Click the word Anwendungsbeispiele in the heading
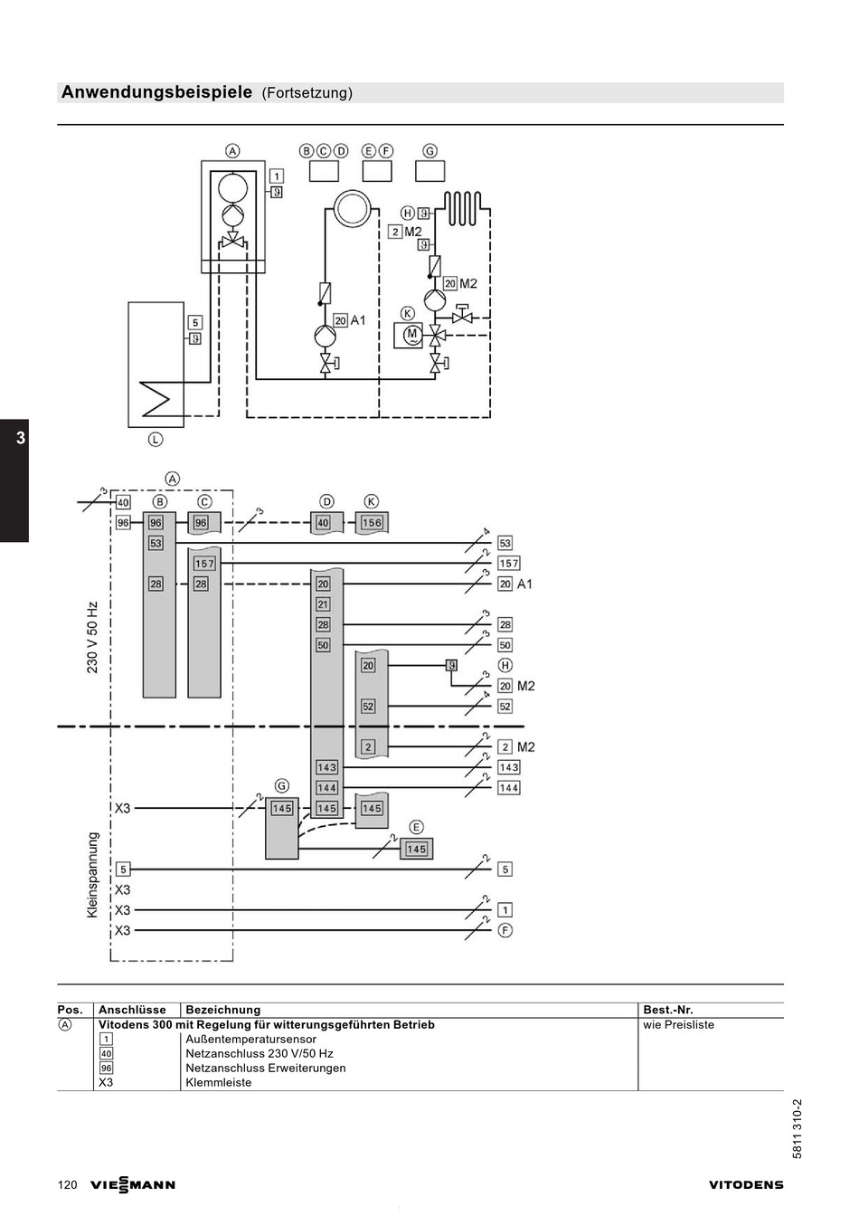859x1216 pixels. [x=156, y=92]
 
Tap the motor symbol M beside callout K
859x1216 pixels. [x=411, y=335]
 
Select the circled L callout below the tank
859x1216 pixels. [x=156, y=439]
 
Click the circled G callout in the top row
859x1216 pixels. [x=429, y=150]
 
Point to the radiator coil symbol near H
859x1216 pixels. [x=462, y=208]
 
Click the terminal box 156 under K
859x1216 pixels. [x=372, y=522]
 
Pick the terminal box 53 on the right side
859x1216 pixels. [x=505, y=543]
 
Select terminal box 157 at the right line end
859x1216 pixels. [x=508, y=564]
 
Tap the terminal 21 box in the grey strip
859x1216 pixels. [x=323, y=604]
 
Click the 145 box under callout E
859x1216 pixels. [x=416, y=849]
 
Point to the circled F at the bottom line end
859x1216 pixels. [x=505, y=930]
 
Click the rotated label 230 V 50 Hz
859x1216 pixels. [x=92, y=637]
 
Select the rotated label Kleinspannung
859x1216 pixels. [x=92, y=875]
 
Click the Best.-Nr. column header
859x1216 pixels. [x=668, y=1010]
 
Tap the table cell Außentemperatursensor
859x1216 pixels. [x=250, y=1039]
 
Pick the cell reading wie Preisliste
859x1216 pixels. [x=678, y=1025]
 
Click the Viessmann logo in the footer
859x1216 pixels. [x=132, y=1184]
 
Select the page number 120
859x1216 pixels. [x=67, y=1184]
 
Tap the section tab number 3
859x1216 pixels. [x=21, y=438]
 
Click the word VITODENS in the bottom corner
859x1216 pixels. [x=746, y=1185]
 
